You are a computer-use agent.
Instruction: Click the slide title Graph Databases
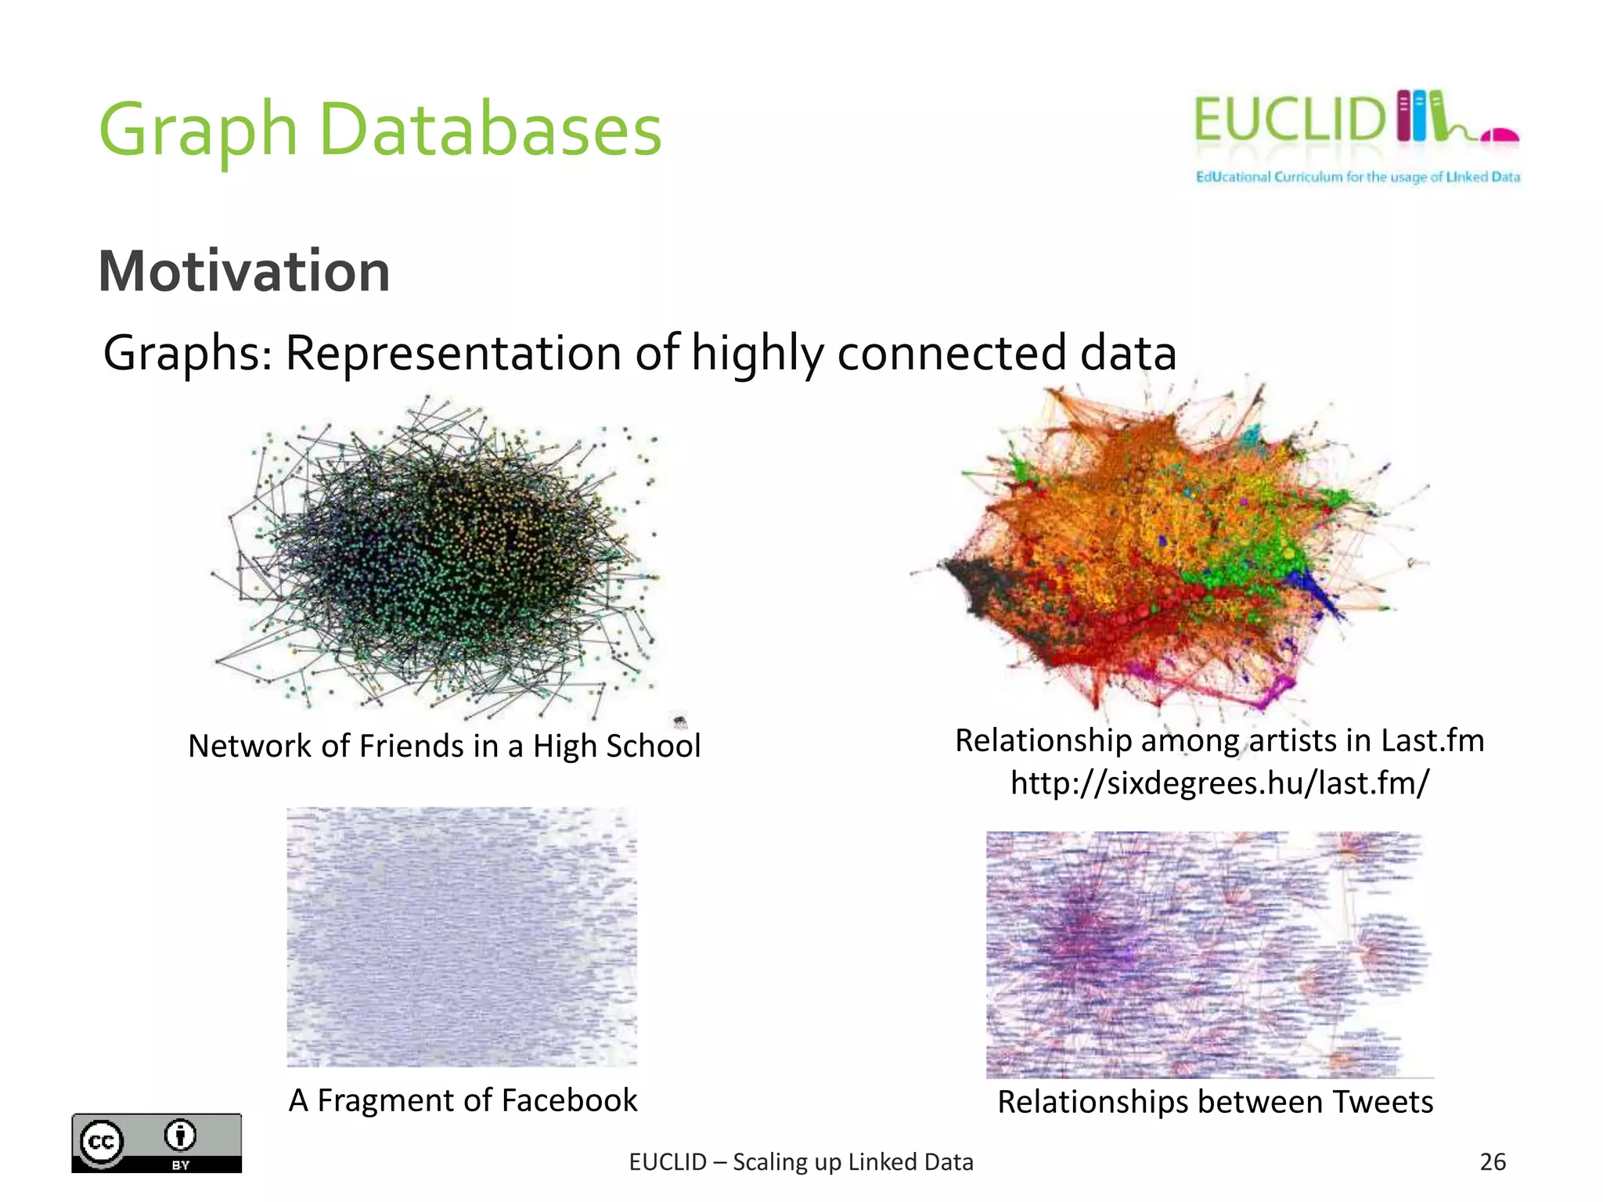(x=380, y=130)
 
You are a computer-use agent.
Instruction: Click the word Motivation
(x=244, y=271)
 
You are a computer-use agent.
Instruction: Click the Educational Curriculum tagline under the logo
(x=1357, y=177)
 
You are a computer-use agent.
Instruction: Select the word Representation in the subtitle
(x=454, y=353)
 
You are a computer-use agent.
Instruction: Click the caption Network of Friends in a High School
(x=444, y=746)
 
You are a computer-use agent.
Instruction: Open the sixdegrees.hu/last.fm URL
(x=1219, y=783)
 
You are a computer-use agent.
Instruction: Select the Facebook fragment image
(x=462, y=937)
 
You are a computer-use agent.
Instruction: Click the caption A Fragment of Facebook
(x=463, y=1100)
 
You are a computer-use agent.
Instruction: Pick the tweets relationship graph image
(x=1208, y=954)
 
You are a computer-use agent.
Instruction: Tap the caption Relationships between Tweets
(x=1215, y=1102)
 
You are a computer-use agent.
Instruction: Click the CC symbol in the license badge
(x=102, y=1142)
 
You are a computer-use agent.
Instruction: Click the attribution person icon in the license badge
(x=181, y=1135)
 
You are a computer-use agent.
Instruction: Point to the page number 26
(x=1493, y=1162)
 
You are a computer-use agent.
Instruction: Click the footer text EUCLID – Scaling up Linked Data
(x=801, y=1162)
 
